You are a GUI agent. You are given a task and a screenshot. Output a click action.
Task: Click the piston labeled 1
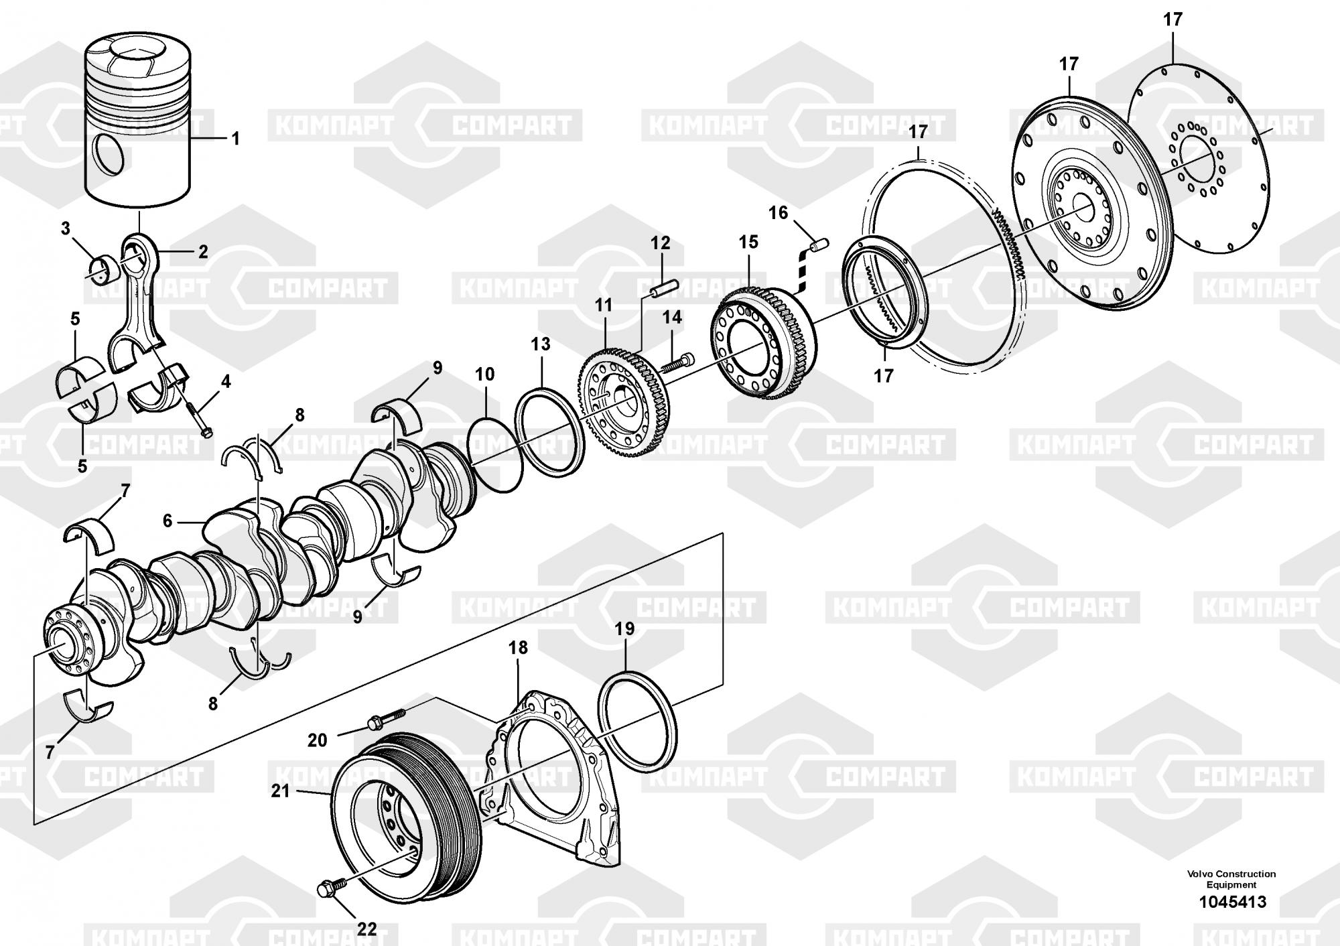[x=137, y=121]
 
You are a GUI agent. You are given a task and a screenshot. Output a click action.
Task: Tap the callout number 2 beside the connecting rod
[x=202, y=253]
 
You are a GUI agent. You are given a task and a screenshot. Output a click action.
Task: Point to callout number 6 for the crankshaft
[x=167, y=521]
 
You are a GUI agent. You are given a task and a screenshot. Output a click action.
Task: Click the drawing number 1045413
[x=1232, y=902]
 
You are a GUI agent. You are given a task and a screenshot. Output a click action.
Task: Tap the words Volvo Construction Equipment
[x=1231, y=879]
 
